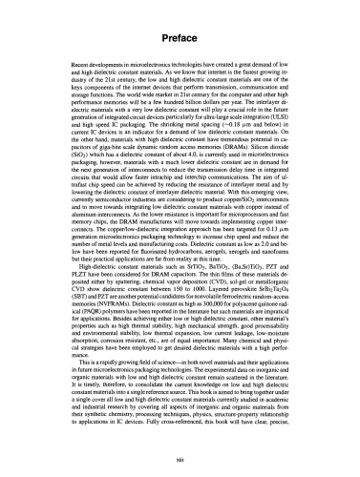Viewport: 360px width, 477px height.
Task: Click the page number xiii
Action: coord(180,461)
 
